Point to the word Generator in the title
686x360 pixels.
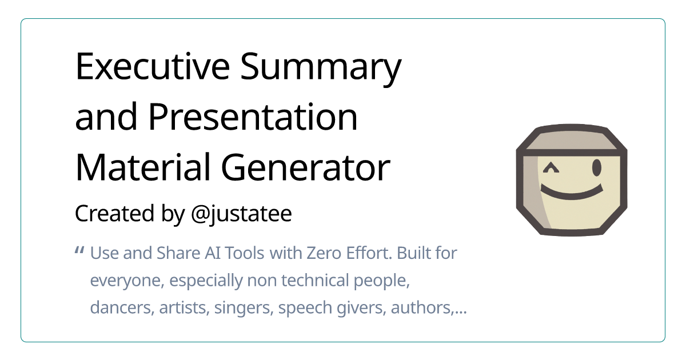coord(306,169)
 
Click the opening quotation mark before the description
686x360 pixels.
coord(80,251)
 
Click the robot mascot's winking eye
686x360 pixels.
coord(551,168)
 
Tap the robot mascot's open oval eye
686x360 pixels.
coord(597,167)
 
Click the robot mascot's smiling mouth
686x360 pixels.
coord(572,193)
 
